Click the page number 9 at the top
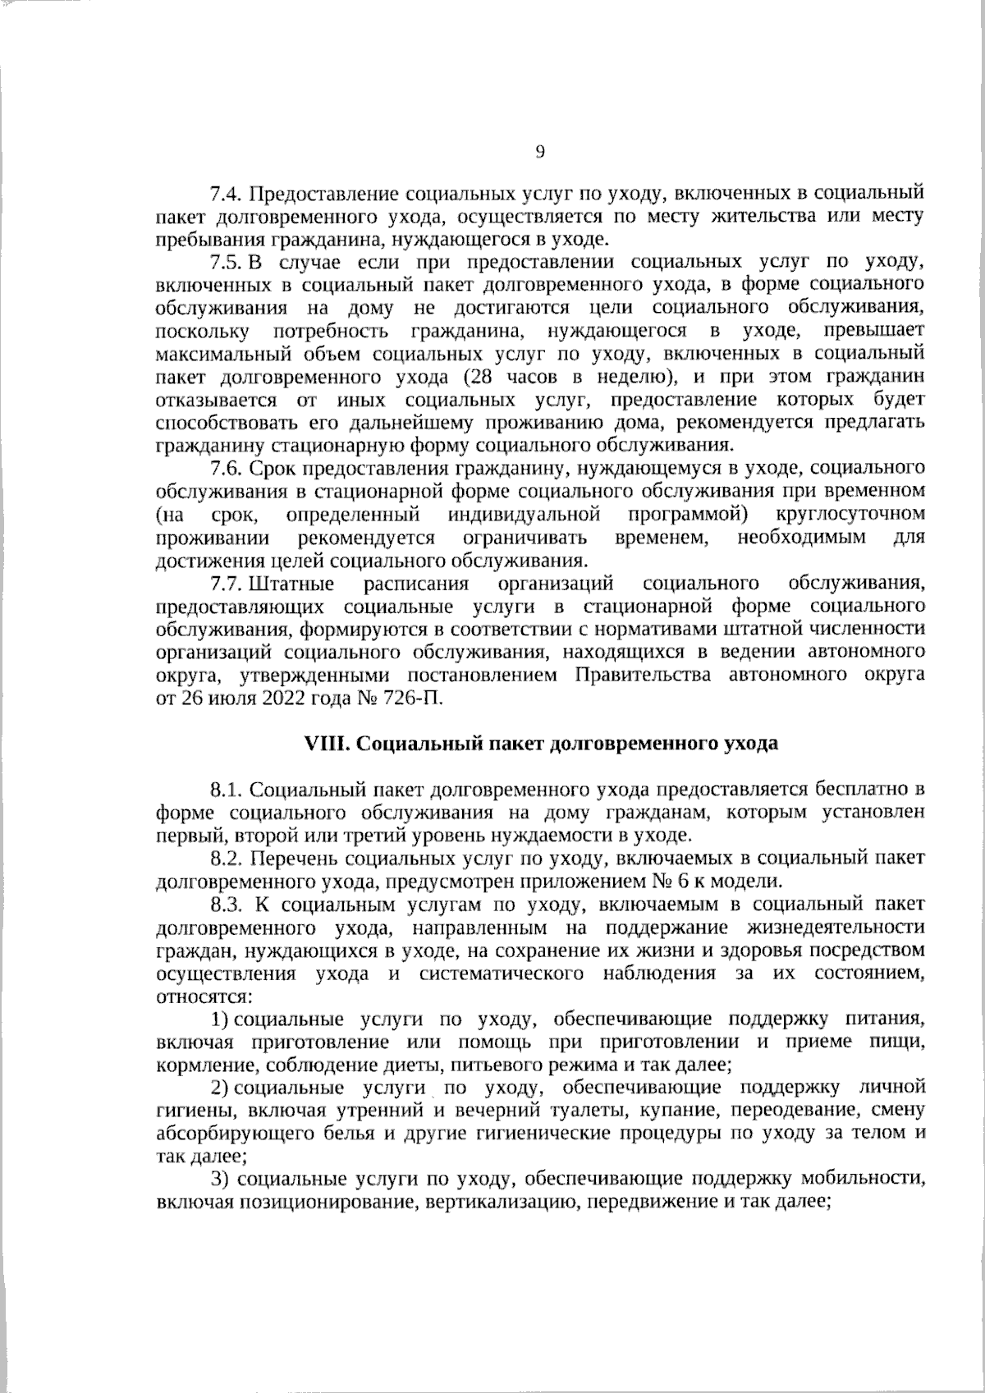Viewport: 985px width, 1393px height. (540, 151)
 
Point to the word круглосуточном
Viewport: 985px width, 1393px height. (850, 515)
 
